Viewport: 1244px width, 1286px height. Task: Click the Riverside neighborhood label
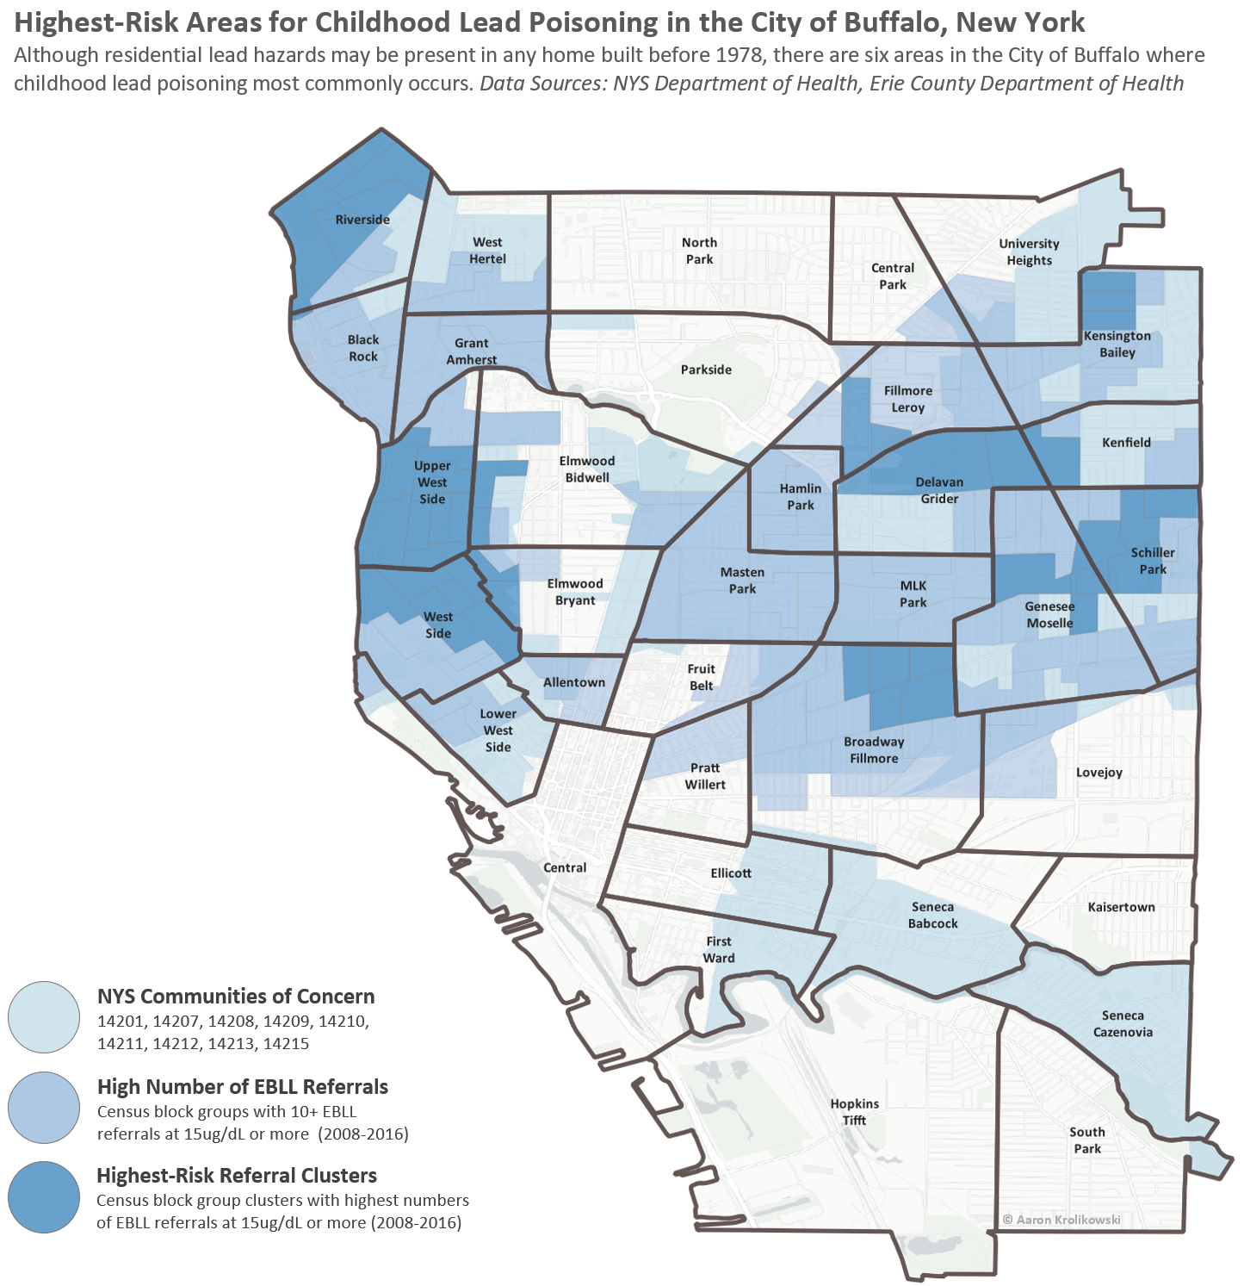[362, 220]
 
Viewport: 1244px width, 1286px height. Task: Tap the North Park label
[699, 251]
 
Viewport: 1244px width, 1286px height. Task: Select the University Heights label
[1029, 252]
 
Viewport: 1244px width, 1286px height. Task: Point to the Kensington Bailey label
[1117, 344]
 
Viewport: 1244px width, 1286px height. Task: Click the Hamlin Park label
[800, 496]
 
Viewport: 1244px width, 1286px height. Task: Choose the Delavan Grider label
[939, 490]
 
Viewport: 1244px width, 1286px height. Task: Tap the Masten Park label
[742, 581]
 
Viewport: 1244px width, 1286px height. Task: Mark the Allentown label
[573, 682]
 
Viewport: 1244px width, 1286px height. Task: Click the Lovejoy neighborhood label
[1099, 772]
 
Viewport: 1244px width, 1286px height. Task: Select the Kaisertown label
[1121, 907]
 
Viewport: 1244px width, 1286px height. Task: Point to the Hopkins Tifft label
[854, 1112]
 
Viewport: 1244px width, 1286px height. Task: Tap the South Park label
[1086, 1140]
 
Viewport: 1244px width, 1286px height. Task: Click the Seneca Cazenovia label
[1123, 1023]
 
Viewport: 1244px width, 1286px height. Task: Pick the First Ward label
[719, 949]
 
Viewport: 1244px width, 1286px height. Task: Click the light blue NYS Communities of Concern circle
[44, 1017]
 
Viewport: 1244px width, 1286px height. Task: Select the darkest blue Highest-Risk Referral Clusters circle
[44, 1196]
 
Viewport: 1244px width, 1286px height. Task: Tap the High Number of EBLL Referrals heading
[243, 1086]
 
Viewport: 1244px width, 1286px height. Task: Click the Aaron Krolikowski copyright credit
[1061, 1219]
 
